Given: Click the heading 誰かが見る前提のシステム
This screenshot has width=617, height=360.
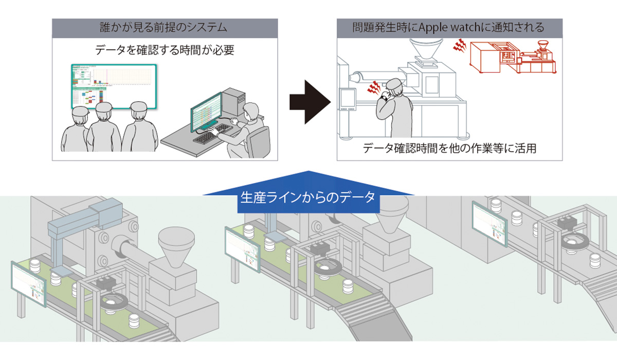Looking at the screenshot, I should pos(165,27).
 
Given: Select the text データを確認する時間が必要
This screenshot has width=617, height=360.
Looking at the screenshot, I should pos(165,50).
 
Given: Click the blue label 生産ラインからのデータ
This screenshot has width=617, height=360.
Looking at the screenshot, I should pos(308,197).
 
